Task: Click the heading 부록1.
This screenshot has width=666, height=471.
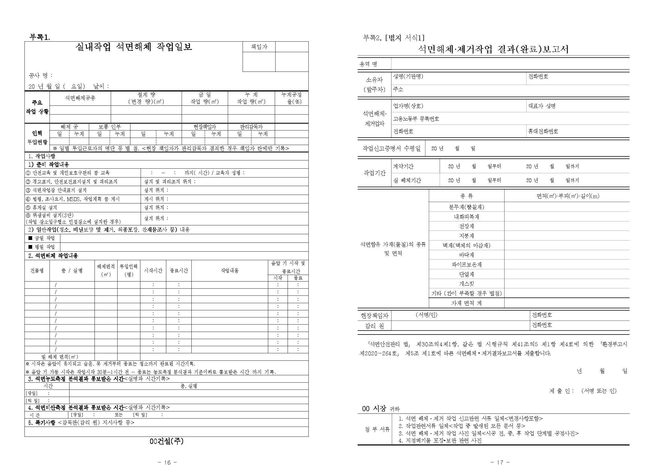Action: coord(40,37)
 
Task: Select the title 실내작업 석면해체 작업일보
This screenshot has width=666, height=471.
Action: coord(134,47)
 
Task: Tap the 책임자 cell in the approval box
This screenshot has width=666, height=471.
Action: coord(259,47)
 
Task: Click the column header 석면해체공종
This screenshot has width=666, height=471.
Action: coord(80,98)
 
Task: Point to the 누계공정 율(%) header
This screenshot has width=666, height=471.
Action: coord(292,98)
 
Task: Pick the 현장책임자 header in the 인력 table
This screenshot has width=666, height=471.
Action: coord(204,127)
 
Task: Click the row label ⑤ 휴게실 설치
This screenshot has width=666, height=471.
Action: coord(42,207)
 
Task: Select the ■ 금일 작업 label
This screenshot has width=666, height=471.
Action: coord(42,238)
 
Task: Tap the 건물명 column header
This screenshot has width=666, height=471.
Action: coord(37,270)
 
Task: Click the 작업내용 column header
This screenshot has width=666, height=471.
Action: coord(229,270)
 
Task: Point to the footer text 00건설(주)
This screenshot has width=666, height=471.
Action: coord(167,441)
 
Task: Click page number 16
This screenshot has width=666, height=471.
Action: coord(167,462)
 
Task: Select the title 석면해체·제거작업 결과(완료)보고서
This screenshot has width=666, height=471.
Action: coord(493,49)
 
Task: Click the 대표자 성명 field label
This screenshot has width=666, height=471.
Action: coord(542,106)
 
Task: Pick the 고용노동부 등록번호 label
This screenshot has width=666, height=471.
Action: coord(416,119)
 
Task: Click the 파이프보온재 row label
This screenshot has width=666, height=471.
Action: coord(466,264)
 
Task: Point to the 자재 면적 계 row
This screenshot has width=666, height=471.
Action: coord(466,303)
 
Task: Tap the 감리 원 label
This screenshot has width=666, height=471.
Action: coord(374,326)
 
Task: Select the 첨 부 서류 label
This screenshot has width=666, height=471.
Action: coord(377,429)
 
